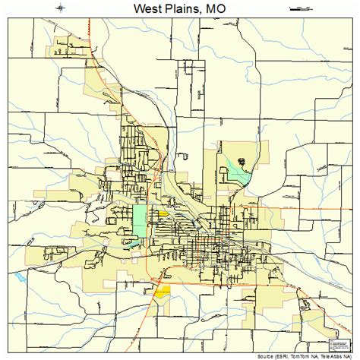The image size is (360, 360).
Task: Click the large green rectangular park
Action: [x=141, y=219]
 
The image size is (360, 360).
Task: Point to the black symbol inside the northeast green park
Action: [x=242, y=161]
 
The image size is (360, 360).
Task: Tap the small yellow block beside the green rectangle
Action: [x=163, y=214]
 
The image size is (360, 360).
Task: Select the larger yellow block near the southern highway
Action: [x=162, y=290]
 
